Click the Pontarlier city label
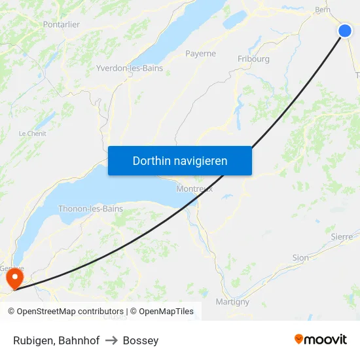pyautogui.click(x=61, y=24)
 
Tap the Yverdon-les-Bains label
pyautogui.click(x=130, y=68)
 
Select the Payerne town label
pyautogui.click(x=200, y=54)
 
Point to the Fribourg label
pyautogui.click(x=253, y=59)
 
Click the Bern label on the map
pyautogui.click(x=322, y=10)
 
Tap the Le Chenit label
pyautogui.click(x=31, y=134)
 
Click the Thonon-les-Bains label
pyautogui.click(x=90, y=209)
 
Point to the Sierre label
pyautogui.click(x=342, y=236)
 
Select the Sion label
pyautogui.click(x=300, y=258)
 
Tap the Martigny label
pyautogui.click(x=232, y=302)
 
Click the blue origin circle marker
pyautogui.click(x=345, y=31)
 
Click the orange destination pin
pyautogui.click(x=14, y=279)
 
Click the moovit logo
pyautogui.click(x=320, y=339)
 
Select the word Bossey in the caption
pyautogui.click(x=141, y=340)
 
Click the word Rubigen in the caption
pyautogui.click(x=33, y=340)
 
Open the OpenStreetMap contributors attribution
pyautogui.click(x=70, y=312)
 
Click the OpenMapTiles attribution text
pyautogui.click(x=166, y=312)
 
